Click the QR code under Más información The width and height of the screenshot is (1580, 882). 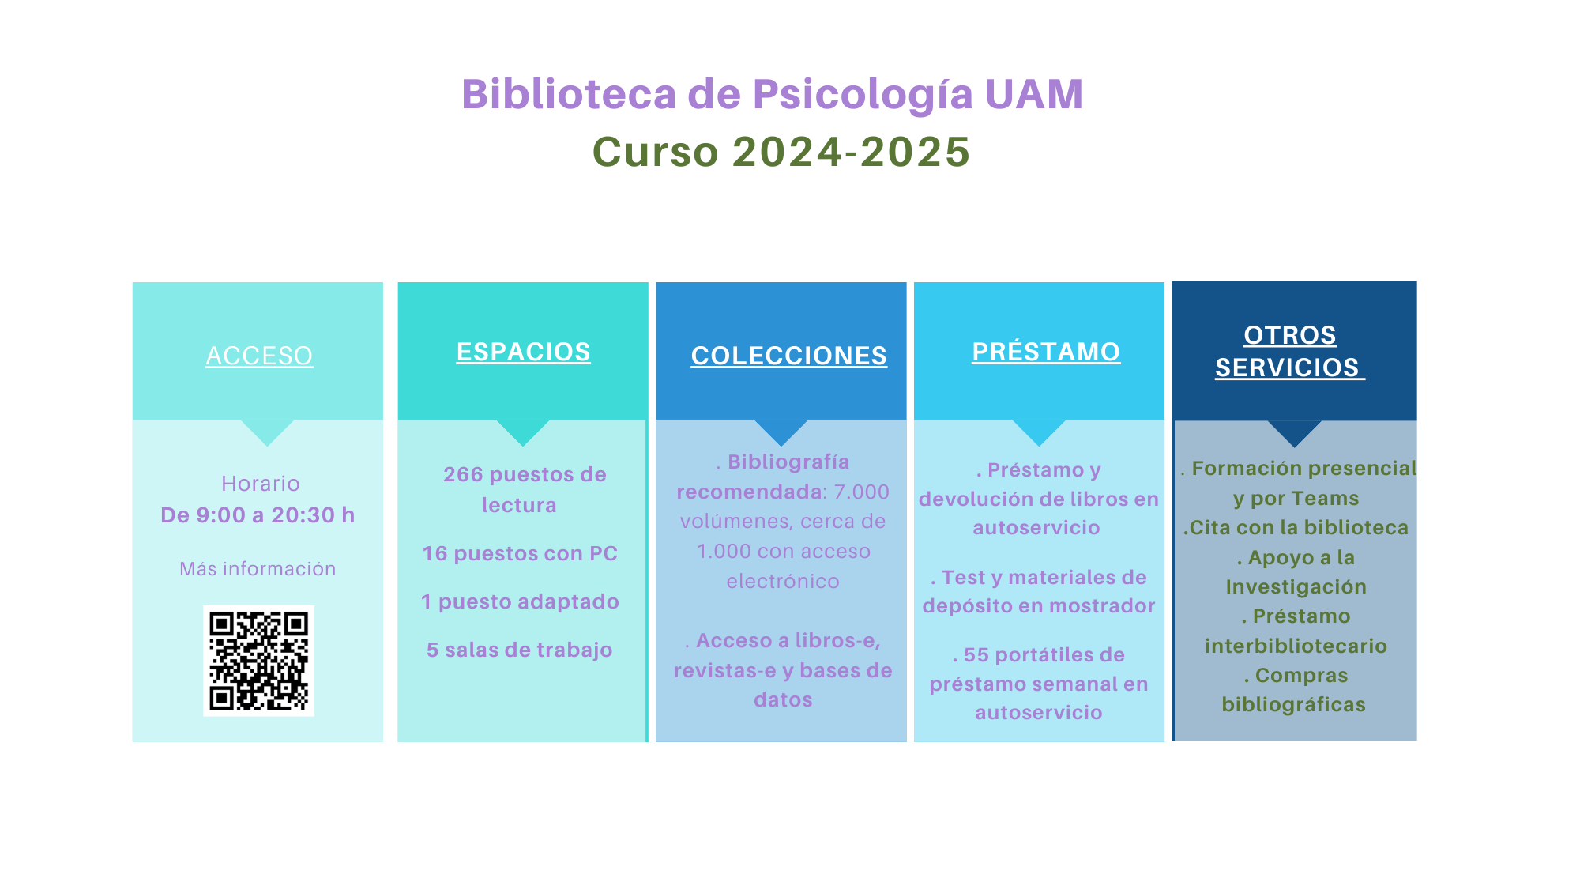(258, 661)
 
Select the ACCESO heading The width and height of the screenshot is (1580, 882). (259, 356)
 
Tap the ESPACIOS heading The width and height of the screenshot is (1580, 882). (523, 352)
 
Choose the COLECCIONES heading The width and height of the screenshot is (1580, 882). (788, 356)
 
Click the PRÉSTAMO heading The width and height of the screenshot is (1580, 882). (1046, 352)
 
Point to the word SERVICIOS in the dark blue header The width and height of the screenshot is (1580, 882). (1287, 367)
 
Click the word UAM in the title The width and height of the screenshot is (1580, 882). (1034, 94)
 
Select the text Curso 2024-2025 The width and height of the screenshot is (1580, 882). (781, 151)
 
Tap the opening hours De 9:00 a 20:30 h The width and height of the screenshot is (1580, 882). (258, 515)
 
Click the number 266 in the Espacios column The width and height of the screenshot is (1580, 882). (463, 474)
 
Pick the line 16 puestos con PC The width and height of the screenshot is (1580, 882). (520, 553)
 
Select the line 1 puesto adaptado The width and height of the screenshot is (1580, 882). (520, 601)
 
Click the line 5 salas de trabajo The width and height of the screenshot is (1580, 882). (520, 650)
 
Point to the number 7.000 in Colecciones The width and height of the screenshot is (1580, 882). (862, 492)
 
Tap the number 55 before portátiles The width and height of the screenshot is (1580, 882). (976, 655)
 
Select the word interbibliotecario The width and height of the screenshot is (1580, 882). (1296, 646)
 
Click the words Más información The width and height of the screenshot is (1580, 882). (258, 569)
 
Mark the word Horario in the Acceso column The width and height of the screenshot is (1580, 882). (261, 484)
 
